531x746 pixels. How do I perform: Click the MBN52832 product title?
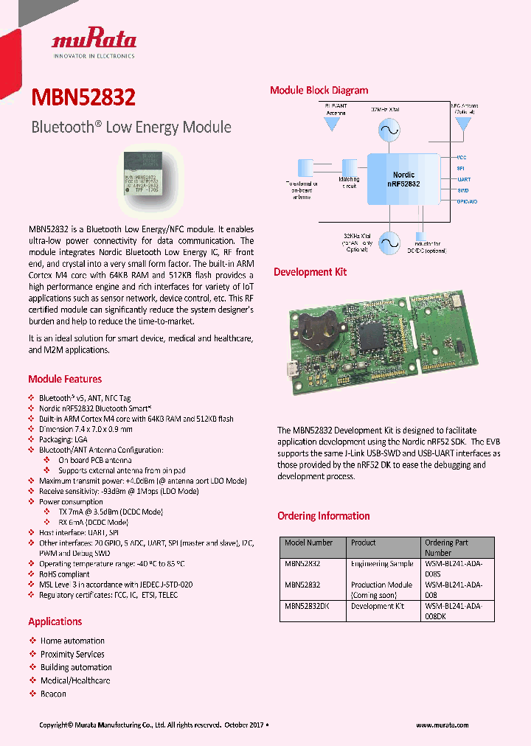coord(83,99)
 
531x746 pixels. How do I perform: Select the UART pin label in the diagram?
coord(464,179)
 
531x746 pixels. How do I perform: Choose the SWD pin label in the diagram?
coord(463,190)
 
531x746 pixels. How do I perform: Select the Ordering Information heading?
coord(323,516)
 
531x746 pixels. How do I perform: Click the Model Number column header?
coord(308,543)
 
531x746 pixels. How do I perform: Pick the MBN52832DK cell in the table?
coord(307,606)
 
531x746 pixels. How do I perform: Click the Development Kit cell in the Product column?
coord(377,606)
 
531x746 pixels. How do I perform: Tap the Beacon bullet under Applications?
coord(53,694)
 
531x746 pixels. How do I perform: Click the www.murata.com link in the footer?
coord(442,725)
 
